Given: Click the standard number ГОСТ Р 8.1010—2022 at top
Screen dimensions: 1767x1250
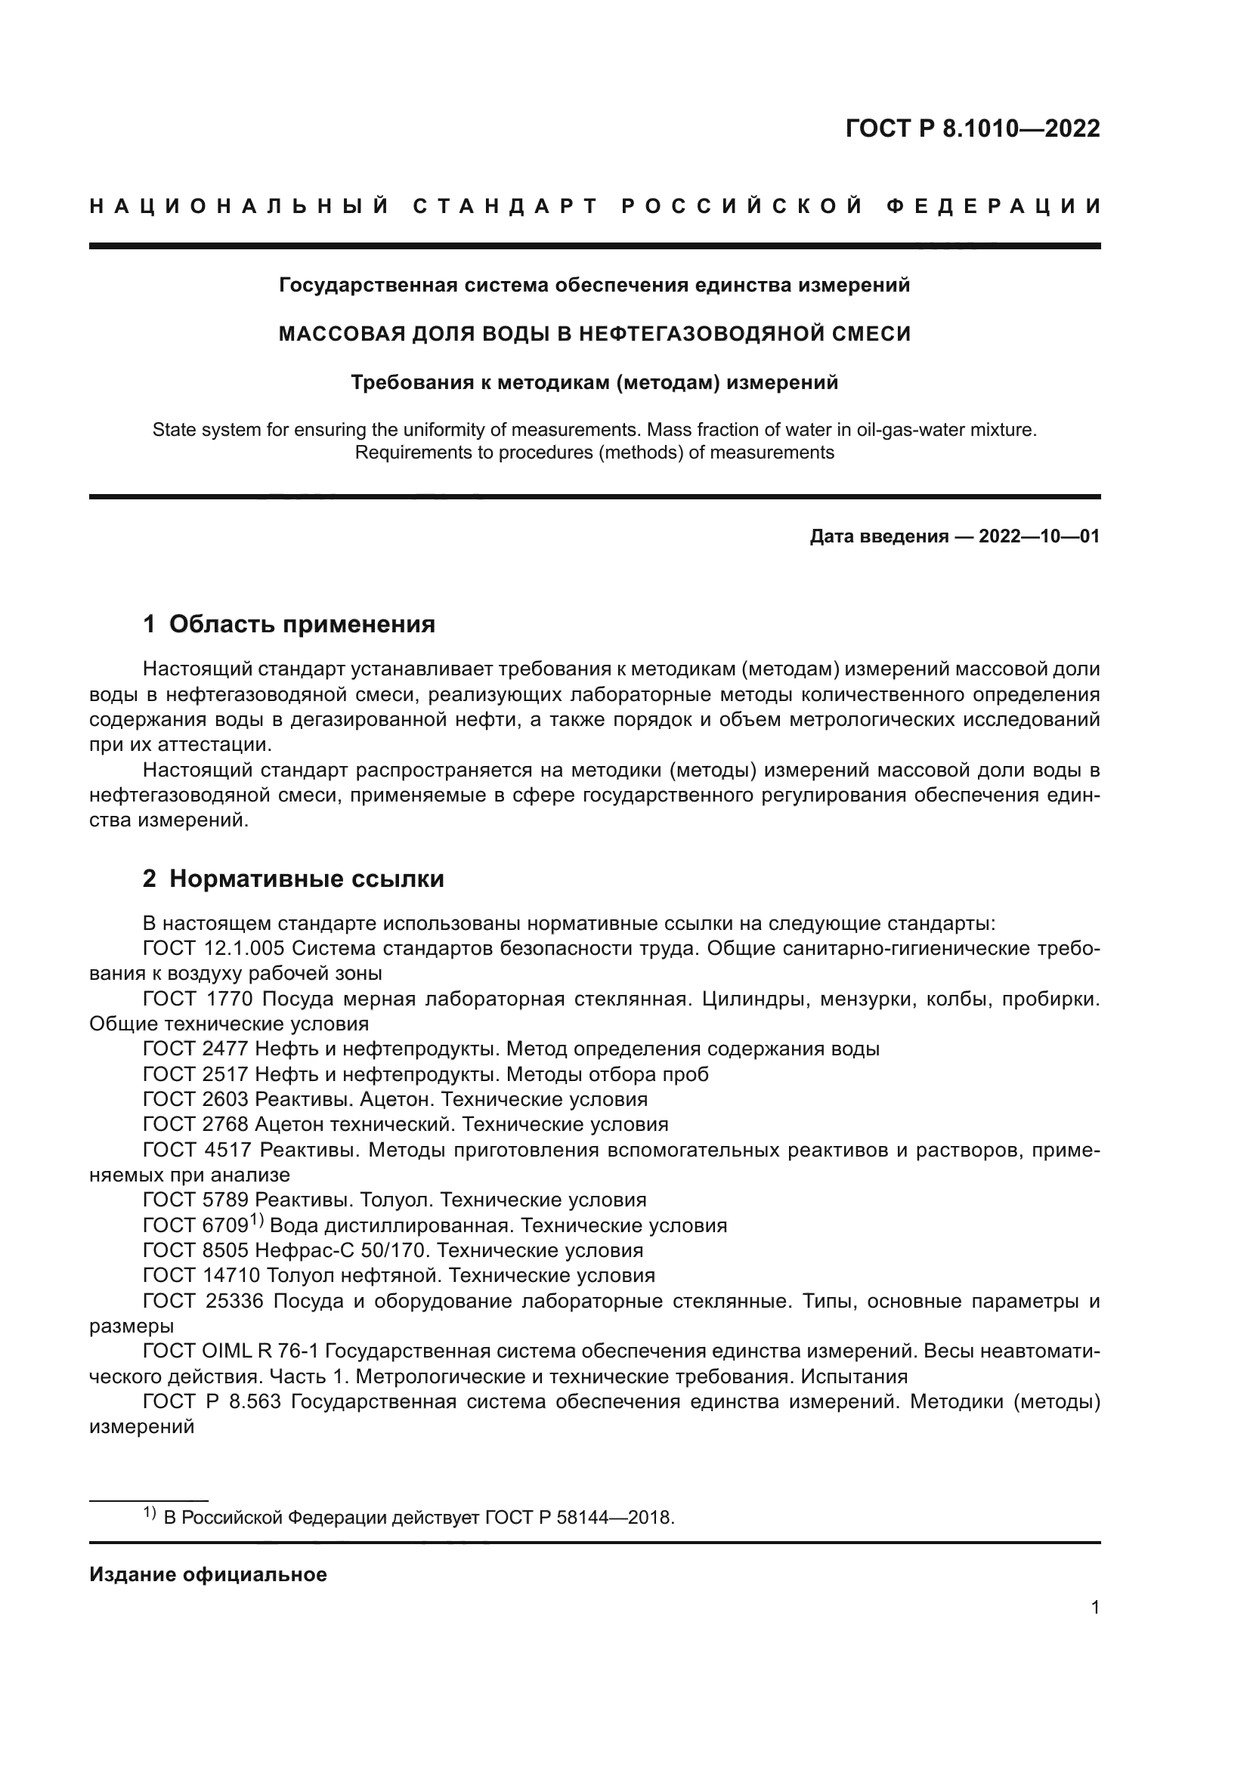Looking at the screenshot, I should pyautogui.click(x=972, y=128).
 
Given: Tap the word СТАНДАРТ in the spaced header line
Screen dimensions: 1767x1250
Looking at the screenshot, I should pyautogui.click(x=506, y=206).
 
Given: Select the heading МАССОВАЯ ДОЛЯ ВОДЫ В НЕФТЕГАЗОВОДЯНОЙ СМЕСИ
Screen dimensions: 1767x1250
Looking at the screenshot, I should pyautogui.click(x=594, y=333).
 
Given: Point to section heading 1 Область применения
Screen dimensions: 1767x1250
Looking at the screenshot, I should pyautogui.click(x=289, y=623).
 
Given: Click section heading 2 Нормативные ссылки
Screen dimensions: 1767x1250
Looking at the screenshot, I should pyautogui.click(x=293, y=878).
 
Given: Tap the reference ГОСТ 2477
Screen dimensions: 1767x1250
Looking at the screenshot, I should pyautogui.click(x=196, y=1049).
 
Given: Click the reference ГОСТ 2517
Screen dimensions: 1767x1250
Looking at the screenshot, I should pyautogui.click(x=196, y=1073).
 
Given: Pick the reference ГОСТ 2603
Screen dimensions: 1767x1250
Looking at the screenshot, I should pyautogui.click(x=196, y=1099).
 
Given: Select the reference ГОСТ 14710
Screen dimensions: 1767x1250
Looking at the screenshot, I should pyautogui.click(x=202, y=1275).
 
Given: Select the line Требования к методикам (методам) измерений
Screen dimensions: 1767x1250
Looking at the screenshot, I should pyautogui.click(x=594, y=382).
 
